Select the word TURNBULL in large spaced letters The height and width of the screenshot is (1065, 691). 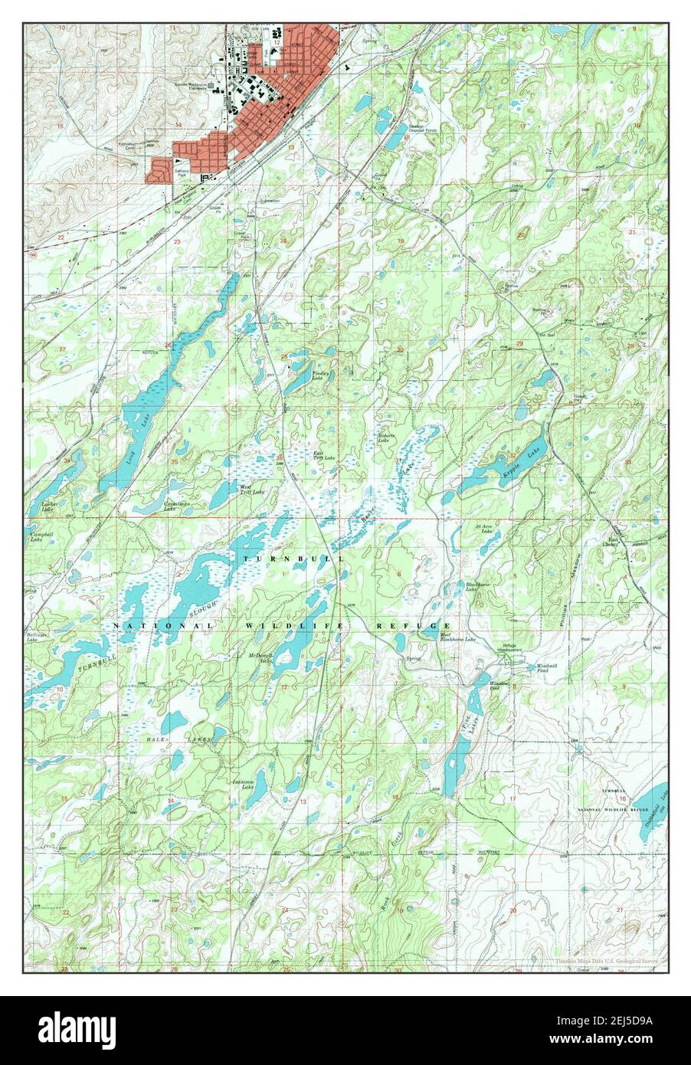point(290,559)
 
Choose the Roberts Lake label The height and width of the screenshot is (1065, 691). point(386,437)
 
